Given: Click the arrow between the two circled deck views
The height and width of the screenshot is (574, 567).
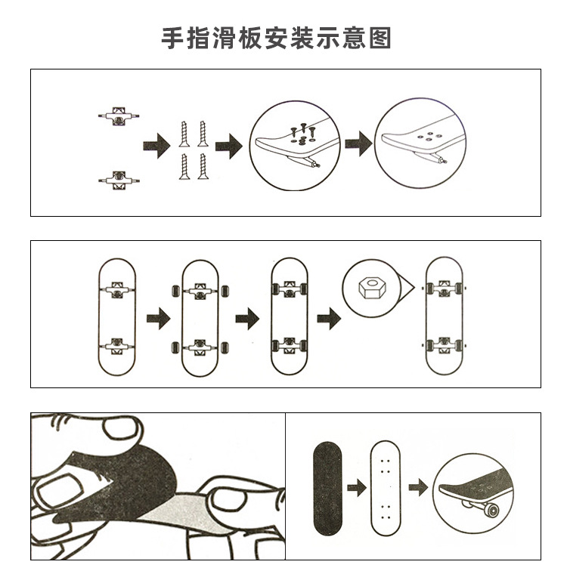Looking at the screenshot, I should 358,143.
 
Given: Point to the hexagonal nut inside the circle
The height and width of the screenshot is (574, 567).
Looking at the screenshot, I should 369,287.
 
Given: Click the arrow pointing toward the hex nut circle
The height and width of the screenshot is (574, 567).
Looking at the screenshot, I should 327,317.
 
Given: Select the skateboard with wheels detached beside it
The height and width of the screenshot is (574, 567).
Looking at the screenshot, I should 200,317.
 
